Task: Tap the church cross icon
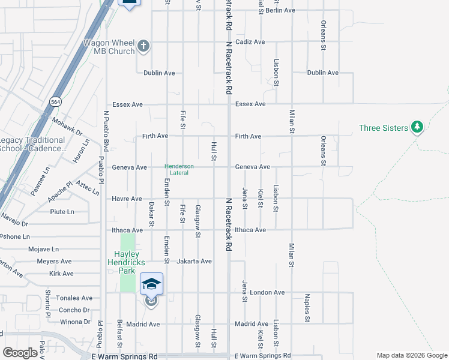pos(143,46)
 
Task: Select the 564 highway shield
pos(55,101)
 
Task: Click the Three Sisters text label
pos(384,128)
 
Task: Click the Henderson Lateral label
pos(179,169)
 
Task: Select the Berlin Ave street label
pos(281,10)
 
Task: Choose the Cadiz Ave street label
pos(250,42)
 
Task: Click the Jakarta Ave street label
pos(194,261)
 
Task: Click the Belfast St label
pos(120,339)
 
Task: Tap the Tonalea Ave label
pos(74,298)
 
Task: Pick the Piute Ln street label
pos(62,211)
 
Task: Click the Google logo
pos(20,352)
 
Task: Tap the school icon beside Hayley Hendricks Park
pos(151,284)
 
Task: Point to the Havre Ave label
pos(127,199)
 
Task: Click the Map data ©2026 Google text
pos(411,355)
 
